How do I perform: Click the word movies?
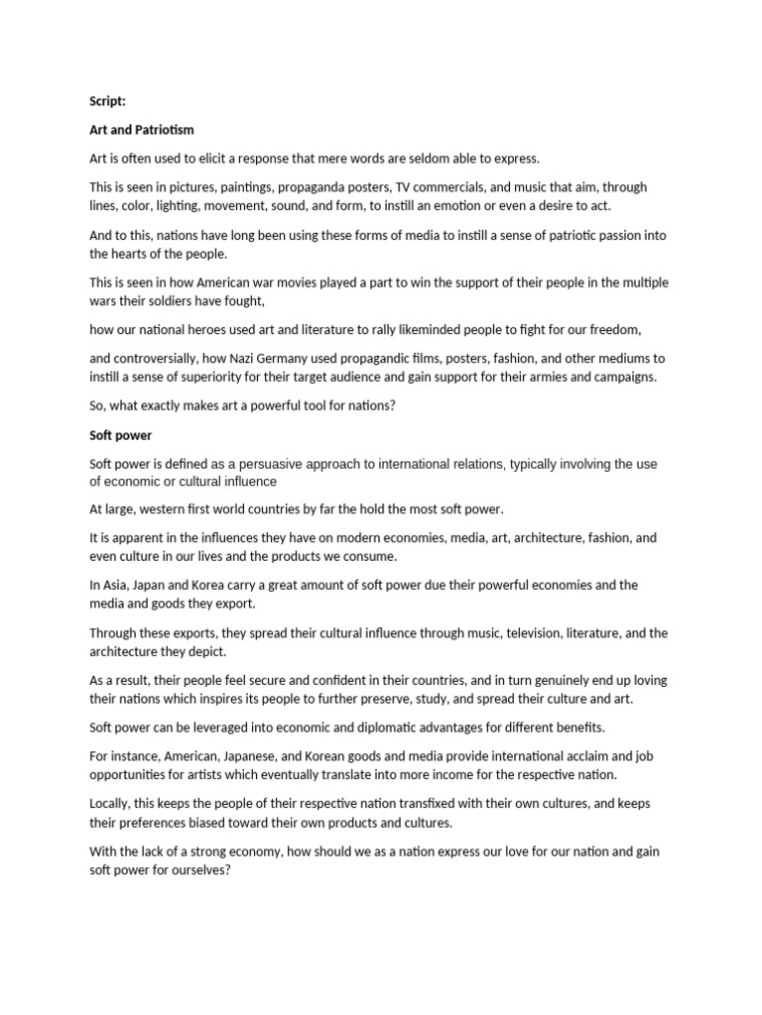click(x=306, y=282)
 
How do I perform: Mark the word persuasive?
click(x=294, y=464)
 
